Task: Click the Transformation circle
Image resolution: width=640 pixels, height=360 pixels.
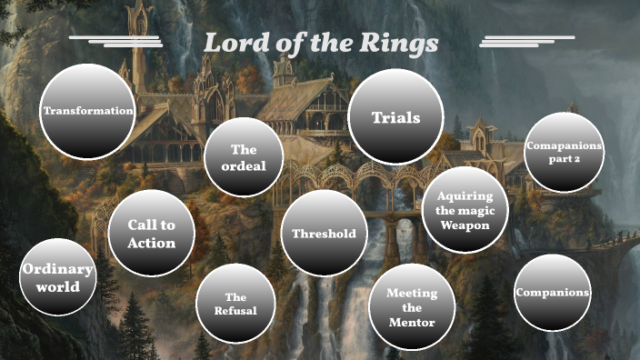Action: pyautogui.click(x=87, y=111)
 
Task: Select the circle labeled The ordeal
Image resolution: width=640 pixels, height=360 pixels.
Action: pyautogui.click(x=243, y=157)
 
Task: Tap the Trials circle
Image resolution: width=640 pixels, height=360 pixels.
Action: pyautogui.click(x=395, y=117)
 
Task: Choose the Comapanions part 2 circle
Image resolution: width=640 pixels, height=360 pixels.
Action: pyautogui.click(x=565, y=153)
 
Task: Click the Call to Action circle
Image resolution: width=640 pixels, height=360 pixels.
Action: pyautogui.click(x=151, y=234)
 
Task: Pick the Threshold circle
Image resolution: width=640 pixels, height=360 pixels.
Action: pyautogui.click(x=324, y=234)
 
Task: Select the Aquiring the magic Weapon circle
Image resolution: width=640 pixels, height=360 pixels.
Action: pyautogui.click(x=465, y=210)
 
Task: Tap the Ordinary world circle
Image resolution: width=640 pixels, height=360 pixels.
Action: pyautogui.click(x=58, y=277)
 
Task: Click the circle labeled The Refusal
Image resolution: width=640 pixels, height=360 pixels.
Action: pyautogui.click(x=235, y=304)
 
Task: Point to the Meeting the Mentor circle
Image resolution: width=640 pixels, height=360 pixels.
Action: pyautogui.click(x=411, y=307)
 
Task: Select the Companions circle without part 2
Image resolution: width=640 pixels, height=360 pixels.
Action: pyautogui.click(x=552, y=293)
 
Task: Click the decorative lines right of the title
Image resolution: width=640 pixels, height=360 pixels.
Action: pyautogui.click(x=526, y=40)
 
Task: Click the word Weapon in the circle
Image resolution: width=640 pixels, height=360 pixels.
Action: pyautogui.click(x=465, y=225)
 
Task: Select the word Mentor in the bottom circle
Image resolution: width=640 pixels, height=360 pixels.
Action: pyautogui.click(x=411, y=323)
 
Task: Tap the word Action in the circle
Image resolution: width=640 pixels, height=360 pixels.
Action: pyautogui.click(x=151, y=243)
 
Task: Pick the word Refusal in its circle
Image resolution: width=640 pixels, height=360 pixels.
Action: pyautogui.click(x=235, y=311)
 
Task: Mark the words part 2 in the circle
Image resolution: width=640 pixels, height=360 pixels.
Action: pyautogui.click(x=565, y=160)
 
